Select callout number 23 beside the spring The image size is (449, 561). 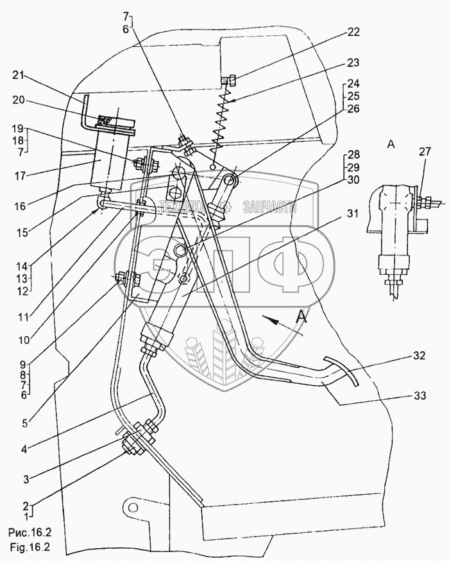point(353,64)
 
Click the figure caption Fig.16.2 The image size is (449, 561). point(30,548)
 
